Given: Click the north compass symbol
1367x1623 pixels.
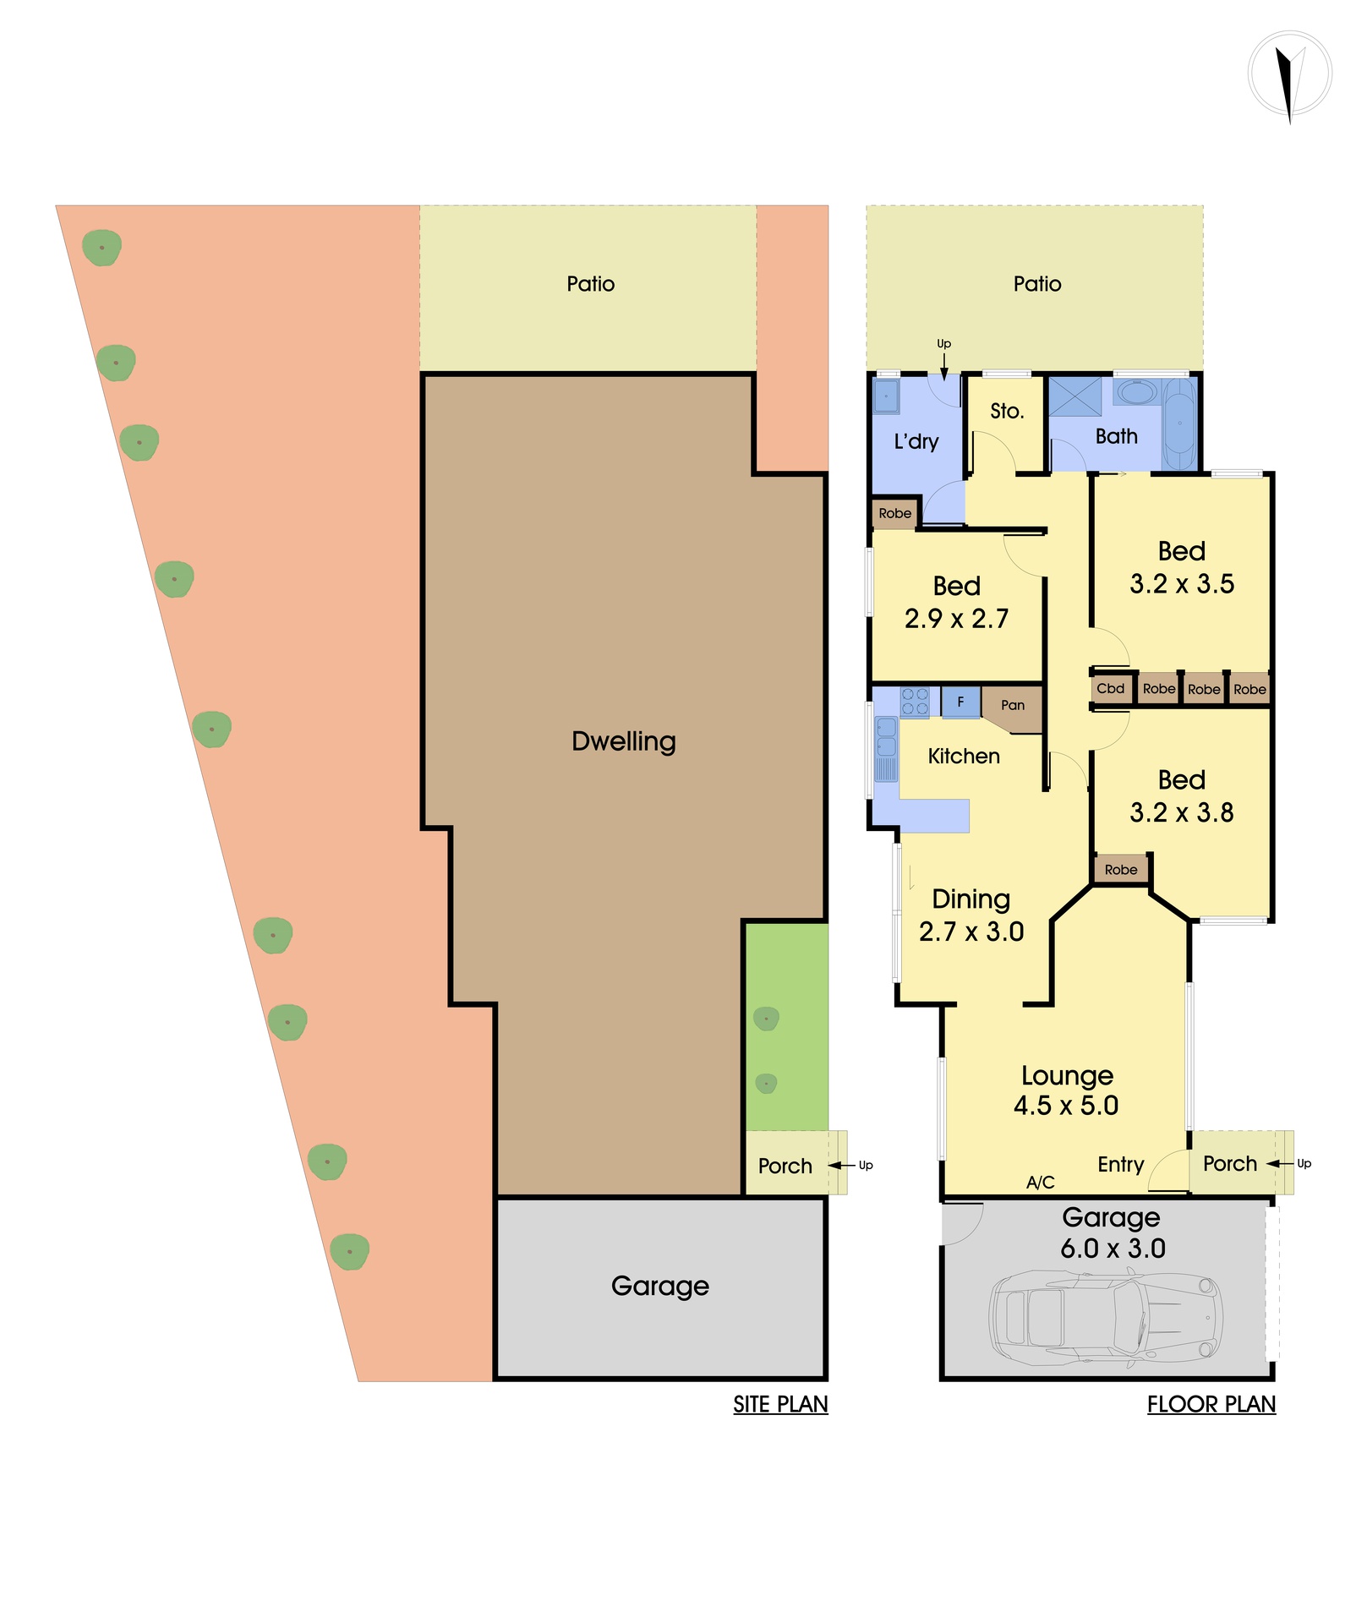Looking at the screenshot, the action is tap(1289, 74).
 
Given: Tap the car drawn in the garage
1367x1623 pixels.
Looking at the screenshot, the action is tap(1106, 1320).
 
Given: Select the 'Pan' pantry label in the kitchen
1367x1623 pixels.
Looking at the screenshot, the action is tap(1013, 705).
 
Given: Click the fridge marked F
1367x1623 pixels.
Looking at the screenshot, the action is tap(960, 702).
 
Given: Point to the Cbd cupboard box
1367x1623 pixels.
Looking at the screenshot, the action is tap(1111, 688).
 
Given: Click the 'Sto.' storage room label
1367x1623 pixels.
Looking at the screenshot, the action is tap(1007, 412).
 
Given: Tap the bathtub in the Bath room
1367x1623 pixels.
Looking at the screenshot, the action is tap(1180, 423).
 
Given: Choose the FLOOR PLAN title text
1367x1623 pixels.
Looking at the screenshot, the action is tap(1211, 1404).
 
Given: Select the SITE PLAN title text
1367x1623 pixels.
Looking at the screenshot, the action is tap(780, 1404).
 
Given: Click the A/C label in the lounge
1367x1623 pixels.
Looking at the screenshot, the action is tap(1041, 1183).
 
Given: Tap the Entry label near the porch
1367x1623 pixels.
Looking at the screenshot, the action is tap(1121, 1165).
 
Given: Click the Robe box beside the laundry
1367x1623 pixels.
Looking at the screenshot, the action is tap(895, 513).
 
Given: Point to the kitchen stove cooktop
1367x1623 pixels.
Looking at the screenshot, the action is tap(915, 702).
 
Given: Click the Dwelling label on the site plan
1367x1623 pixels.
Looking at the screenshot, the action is tap(624, 741).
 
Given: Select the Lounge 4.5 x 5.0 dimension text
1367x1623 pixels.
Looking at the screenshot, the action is tap(1067, 1090).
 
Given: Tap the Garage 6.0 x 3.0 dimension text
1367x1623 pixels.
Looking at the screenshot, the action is tap(1113, 1232).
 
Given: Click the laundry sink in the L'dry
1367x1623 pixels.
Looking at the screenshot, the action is tap(886, 396).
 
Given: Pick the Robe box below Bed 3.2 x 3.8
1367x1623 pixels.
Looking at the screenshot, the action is tap(1121, 870).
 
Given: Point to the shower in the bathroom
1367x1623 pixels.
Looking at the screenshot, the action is tap(1075, 396).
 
